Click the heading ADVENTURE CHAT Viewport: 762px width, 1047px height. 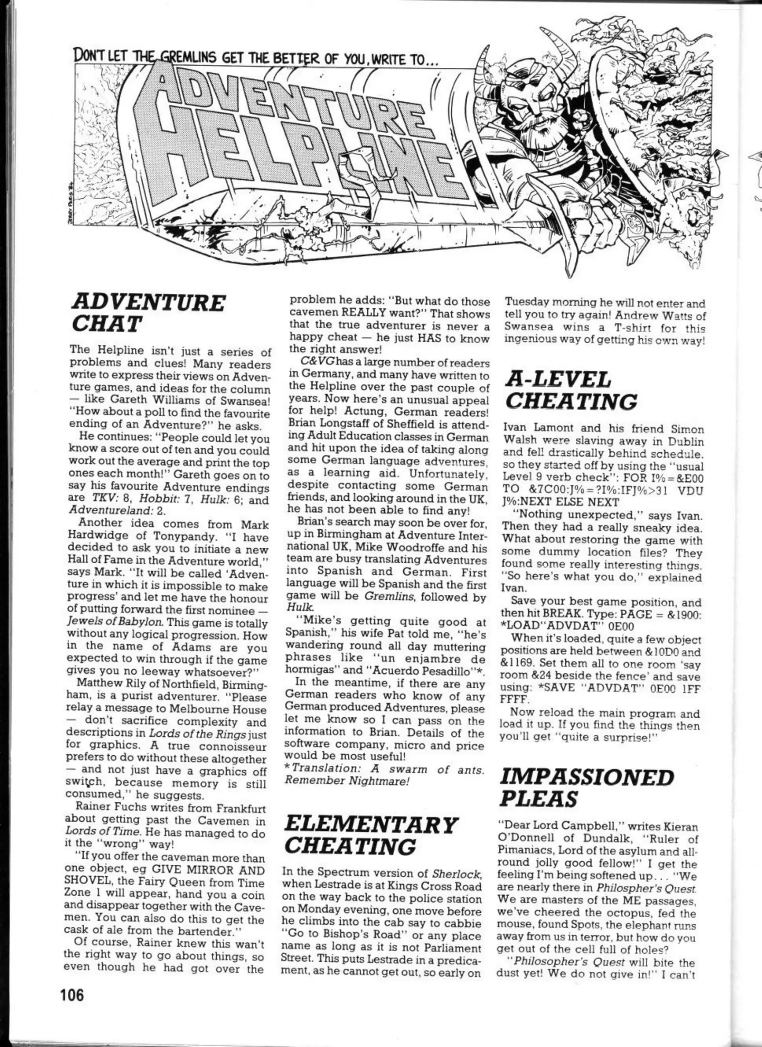click(148, 313)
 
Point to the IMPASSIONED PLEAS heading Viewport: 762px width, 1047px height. click(587, 788)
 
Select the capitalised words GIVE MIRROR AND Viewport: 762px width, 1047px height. click(193, 871)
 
